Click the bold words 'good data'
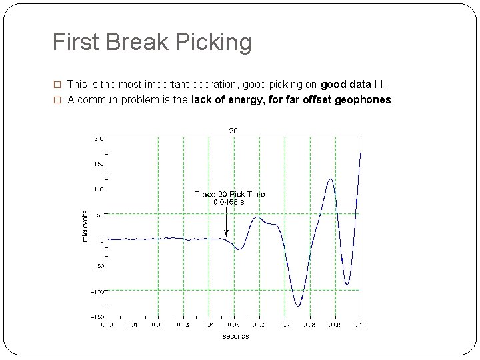click(x=346, y=85)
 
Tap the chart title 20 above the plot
click(x=233, y=131)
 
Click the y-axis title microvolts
click(x=85, y=225)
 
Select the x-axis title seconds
click(x=235, y=336)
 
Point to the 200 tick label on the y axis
click(x=98, y=138)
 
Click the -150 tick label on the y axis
click(x=97, y=317)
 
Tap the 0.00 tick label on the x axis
click(x=107, y=325)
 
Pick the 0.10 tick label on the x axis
click(x=360, y=325)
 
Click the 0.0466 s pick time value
click(x=229, y=201)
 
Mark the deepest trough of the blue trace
click(x=299, y=306)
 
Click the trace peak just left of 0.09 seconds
click(x=331, y=179)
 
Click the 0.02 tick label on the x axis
click(x=157, y=325)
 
